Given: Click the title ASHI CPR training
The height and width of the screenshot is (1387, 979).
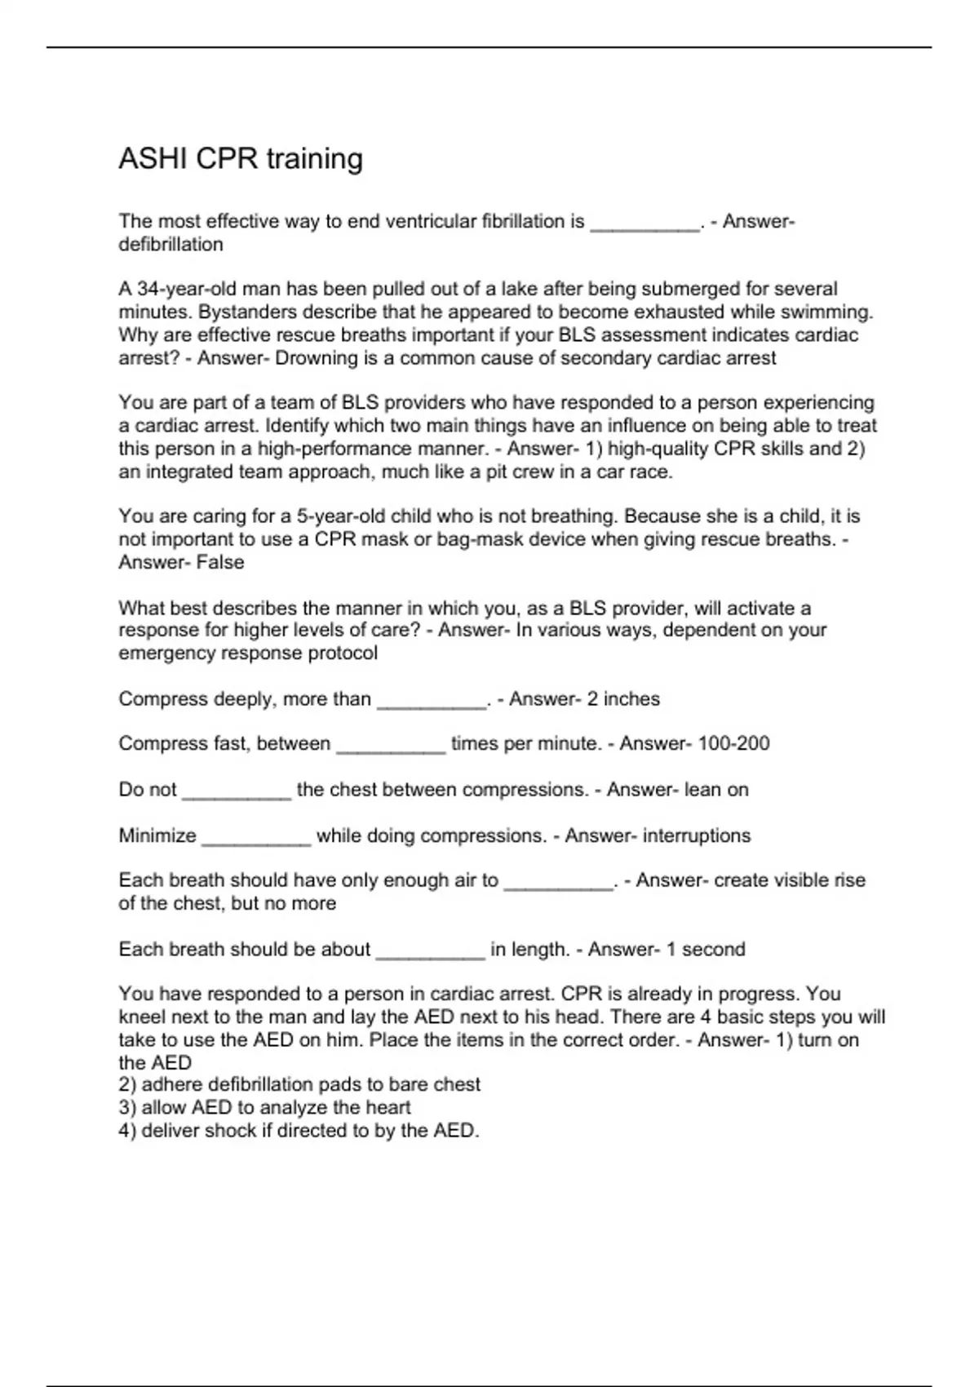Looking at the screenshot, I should (241, 158).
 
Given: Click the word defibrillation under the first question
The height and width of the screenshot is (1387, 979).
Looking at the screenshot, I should (171, 245).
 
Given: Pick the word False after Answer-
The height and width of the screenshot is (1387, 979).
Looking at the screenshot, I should (220, 562).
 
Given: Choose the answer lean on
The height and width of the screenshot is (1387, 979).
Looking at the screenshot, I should (715, 790).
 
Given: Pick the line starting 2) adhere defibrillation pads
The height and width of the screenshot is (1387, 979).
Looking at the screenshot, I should (299, 1084).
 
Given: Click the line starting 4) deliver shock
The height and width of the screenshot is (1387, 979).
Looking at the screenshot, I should (299, 1131).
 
